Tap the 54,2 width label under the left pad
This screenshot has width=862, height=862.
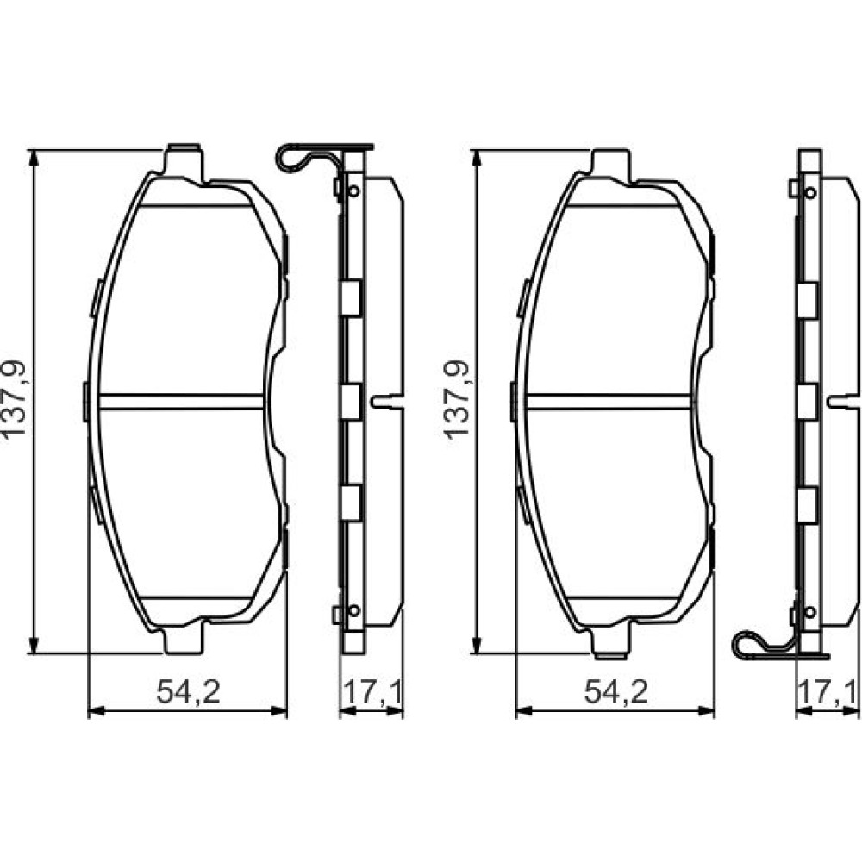coord(188,691)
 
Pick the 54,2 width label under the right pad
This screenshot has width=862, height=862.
coord(615,691)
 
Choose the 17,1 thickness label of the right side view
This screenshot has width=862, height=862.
coord(828,691)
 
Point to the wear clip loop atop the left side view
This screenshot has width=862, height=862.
coord(291,159)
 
